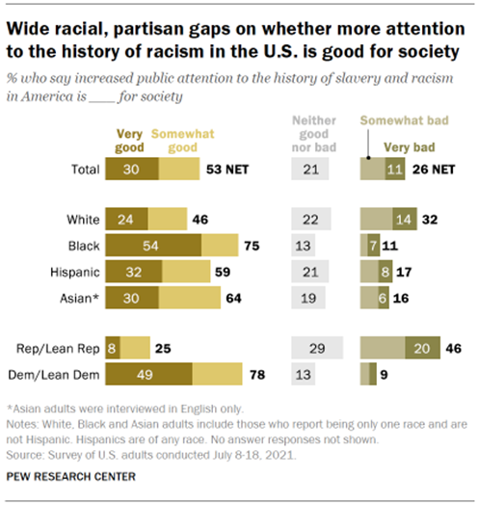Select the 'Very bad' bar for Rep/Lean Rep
point(420,345)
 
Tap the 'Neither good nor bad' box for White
point(308,220)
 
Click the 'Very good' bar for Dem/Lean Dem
point(147,371)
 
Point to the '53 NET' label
point(228,170)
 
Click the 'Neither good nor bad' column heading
point(308,135)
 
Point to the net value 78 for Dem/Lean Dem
point(255,371)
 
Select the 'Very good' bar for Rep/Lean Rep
point(112,345)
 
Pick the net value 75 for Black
point(251,246)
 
